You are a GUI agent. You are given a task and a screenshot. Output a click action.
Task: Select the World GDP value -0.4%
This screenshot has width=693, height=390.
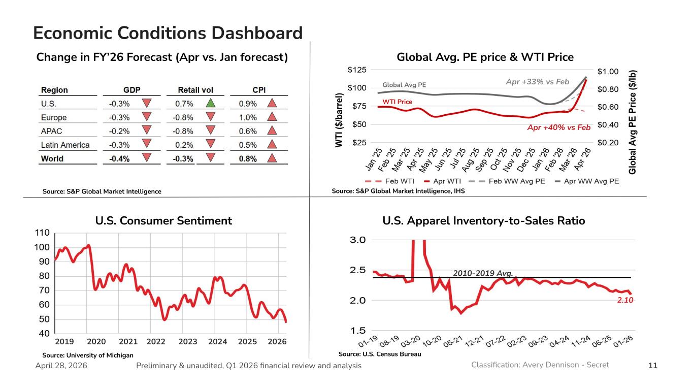[x=119, y=158]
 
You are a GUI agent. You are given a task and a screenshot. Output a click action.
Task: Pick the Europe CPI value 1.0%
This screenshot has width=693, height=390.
[x=248, y=117]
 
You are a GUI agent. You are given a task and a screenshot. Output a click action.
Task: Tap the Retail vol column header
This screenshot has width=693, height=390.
[x=195, y=90]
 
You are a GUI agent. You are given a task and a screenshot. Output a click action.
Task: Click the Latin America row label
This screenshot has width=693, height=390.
[x=65, y=145]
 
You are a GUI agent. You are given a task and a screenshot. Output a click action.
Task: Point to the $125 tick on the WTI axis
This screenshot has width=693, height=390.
[x=356, y=70]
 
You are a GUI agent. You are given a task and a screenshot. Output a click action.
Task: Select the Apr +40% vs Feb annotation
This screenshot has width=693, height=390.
[x=558, y=127]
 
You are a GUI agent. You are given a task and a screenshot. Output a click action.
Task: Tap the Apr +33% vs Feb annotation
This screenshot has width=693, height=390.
[x=538, y=82]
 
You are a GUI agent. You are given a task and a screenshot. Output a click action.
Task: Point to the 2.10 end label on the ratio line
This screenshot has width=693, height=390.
[x=625, y=300]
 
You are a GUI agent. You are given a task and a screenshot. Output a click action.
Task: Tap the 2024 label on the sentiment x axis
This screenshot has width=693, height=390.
[x=218, y=341]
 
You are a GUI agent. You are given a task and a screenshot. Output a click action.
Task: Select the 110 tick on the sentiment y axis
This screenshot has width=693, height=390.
[x=42, y=233]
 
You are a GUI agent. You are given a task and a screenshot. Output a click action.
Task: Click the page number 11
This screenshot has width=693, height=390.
[x=653, y=366]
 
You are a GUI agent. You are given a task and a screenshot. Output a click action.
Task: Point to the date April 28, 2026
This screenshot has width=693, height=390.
[x=61, y=366]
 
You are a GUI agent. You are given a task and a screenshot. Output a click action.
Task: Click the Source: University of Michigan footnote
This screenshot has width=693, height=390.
[x=87, y=355]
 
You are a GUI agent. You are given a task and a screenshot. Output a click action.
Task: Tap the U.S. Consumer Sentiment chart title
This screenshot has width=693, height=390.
[x=163, y=221]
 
